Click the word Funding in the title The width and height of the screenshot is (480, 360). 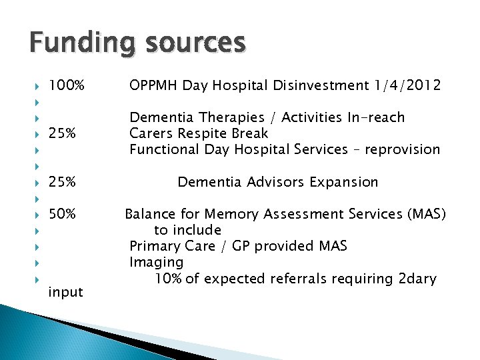click(x=75, y=43)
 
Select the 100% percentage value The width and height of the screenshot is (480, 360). click(x=67, y=85)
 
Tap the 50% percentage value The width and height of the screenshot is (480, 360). click(x=63, y=214)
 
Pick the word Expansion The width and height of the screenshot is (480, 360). click(x=345, y=182)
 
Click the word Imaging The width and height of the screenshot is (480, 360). click(x=156, y=262)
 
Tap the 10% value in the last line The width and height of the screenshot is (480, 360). click(x=168, y=279)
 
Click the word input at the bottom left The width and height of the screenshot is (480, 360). click(x=66, y=292)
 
